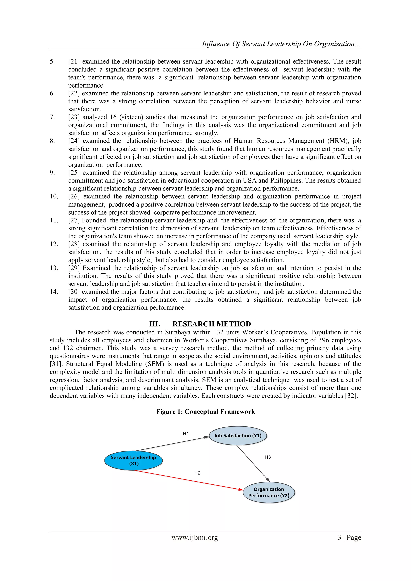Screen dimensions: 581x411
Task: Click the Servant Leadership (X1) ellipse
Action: click(133, 460)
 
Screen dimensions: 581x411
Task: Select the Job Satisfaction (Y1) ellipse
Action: click(238, 435)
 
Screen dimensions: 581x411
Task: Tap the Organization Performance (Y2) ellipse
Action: click(269, 492)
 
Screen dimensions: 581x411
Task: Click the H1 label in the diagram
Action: click(186, 434)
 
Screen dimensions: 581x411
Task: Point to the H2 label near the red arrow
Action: click(197, 473)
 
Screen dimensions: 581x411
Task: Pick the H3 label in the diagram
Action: click(268, 457)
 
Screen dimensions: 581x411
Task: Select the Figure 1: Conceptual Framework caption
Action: click(205, 412)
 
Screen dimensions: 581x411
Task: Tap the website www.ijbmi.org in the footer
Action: click(195, 537)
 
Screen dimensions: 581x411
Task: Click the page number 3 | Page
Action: click(349, 537)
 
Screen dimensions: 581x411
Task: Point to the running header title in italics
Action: click(281, 44)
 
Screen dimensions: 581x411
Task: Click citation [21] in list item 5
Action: click(74, 61)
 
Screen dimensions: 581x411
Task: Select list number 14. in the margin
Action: click(54, 292)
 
